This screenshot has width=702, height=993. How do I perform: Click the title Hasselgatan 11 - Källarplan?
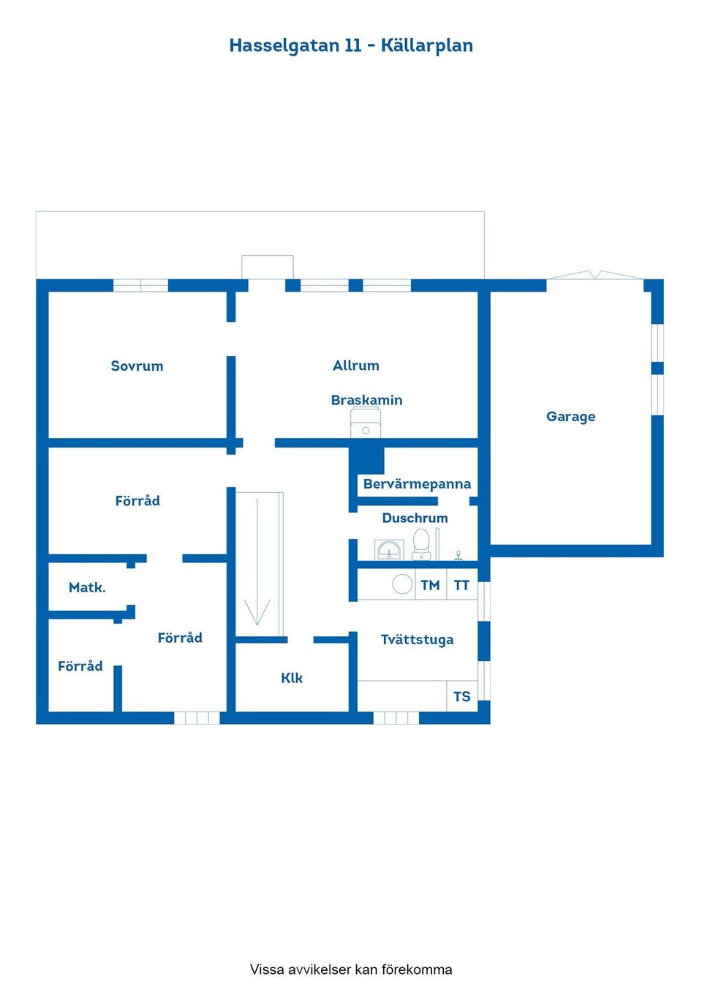[x=351, y=45]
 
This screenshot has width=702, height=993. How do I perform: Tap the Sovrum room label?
[x=137, y=366]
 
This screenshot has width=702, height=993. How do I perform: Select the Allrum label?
[x=356, y=365]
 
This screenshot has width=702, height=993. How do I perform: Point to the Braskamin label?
[x=366, y=400]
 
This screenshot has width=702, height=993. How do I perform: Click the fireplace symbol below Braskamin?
[x=366, y=425]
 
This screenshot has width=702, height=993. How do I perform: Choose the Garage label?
[x=570, y=416]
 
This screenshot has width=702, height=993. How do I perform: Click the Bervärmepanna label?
[x=417, y=483]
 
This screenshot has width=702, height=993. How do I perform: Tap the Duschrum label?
[x=415, y=518]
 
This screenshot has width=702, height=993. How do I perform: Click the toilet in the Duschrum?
[x=421, y=545]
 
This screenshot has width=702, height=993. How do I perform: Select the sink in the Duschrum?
[x=389, y=550]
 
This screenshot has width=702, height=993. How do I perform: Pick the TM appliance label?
[x=430, y=585]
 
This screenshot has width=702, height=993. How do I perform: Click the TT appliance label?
[x=461, y=585]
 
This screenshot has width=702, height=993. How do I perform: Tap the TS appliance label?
[x=461, y=696]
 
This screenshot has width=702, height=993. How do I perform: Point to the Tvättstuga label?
[x=417, y=639]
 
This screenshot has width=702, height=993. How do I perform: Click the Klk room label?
[x=292, y=678]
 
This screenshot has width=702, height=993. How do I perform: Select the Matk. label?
[x=87, y=587]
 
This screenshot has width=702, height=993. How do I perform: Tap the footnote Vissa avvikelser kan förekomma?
[x=351, y=969]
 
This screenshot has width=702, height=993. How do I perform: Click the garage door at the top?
[x=596, y=276]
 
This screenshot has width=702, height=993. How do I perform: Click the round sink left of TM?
[x=402, y=584]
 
